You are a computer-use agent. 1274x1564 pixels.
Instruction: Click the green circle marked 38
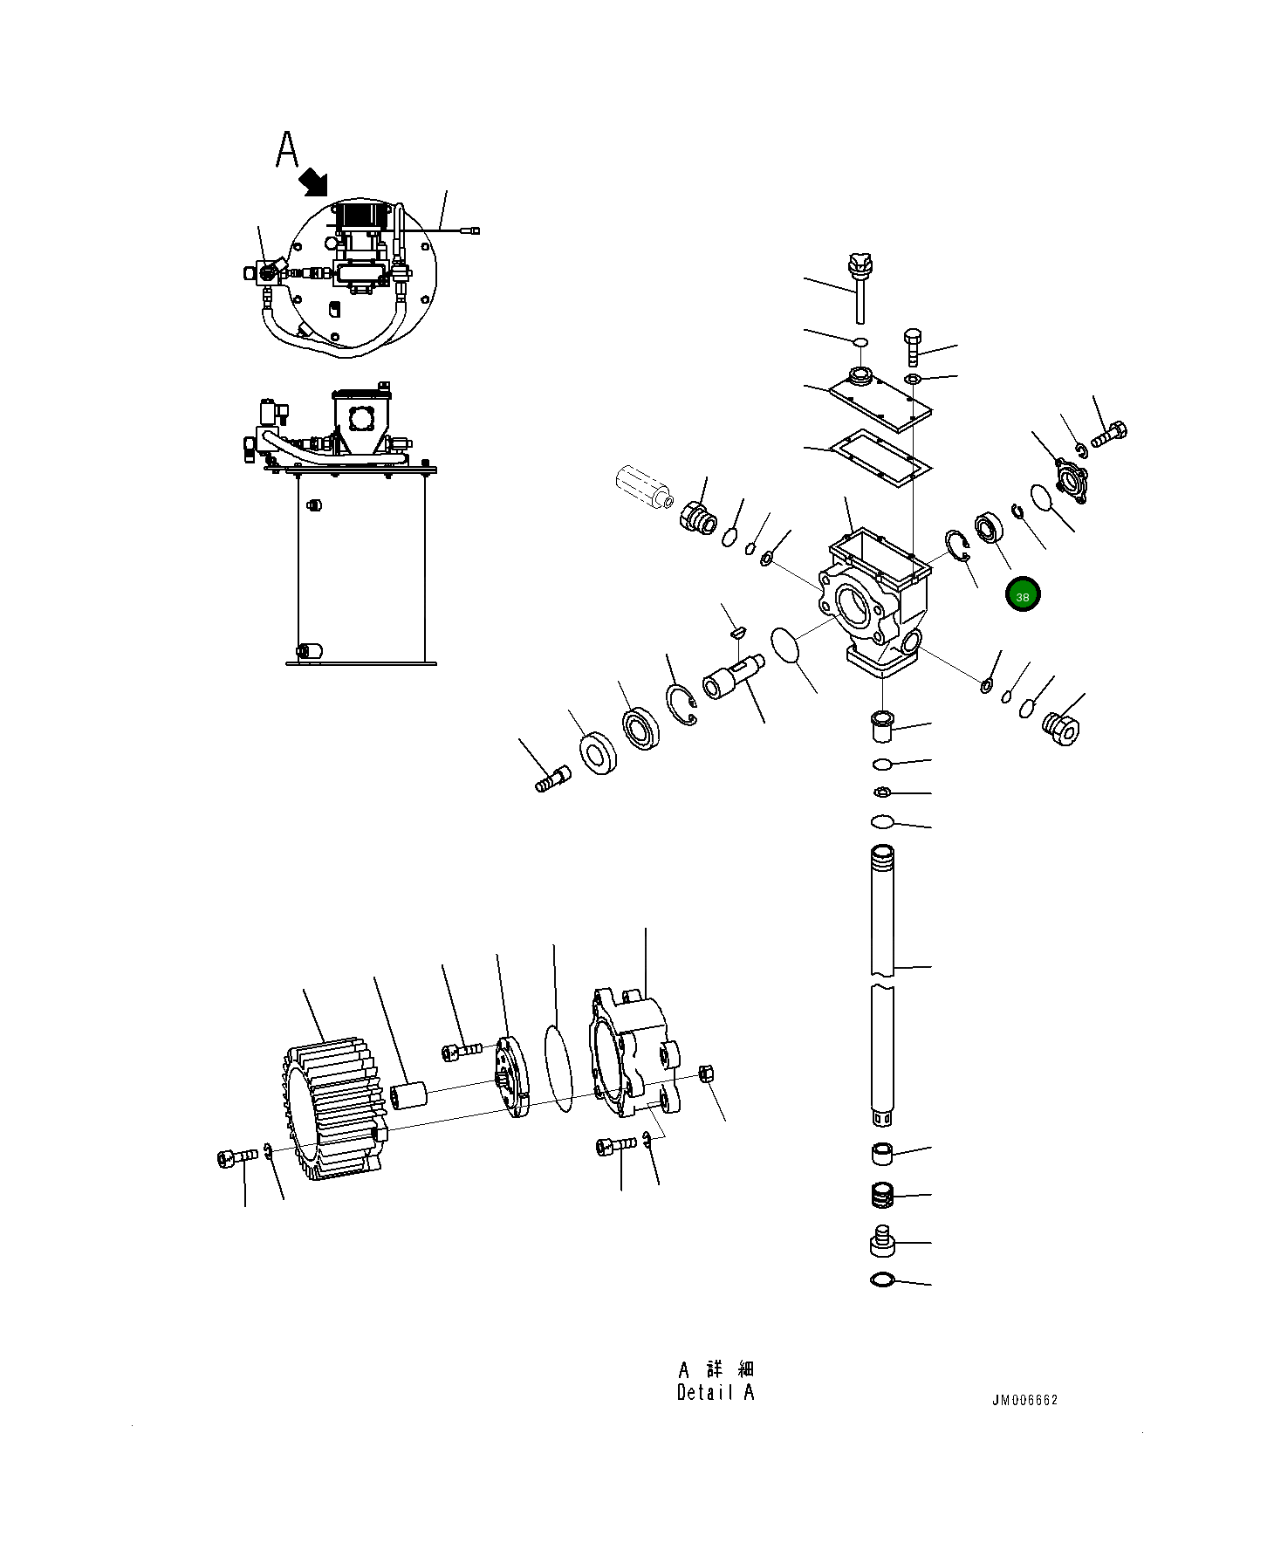(1022, 596)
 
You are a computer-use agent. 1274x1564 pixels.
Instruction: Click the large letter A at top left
(287, 150)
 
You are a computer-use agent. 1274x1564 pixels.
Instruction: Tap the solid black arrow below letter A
(313, 183)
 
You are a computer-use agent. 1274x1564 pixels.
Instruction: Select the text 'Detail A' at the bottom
(715, 1393)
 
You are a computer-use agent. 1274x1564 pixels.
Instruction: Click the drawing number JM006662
(1024, 1400)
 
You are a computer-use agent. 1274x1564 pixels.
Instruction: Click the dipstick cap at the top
(860, 264)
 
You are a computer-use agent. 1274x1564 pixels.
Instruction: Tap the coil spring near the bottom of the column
(884, 1195)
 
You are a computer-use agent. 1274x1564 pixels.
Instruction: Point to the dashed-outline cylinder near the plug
(642, 486)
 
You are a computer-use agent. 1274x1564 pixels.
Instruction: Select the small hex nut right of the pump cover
(708, 1074)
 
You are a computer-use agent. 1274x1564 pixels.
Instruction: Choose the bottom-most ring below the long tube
(882, 1280)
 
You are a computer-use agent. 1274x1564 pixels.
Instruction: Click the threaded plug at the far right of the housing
(1061, 727)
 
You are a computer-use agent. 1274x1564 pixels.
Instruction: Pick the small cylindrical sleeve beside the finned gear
(408, 1096)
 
